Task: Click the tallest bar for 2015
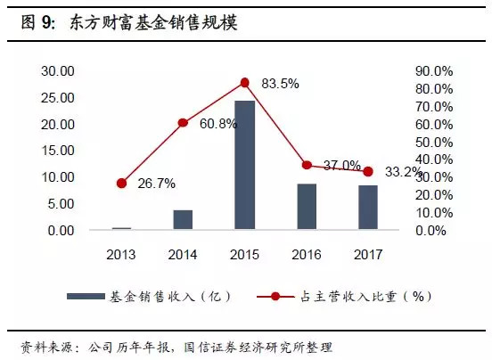tap(244, 166)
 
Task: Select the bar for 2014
tap(183, 220)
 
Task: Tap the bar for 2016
tap(307, 208)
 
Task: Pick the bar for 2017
tap(367, 209)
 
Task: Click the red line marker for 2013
tap(121, 184)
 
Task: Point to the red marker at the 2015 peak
tap(244, 83)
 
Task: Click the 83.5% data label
tap(280, 84)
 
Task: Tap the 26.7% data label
tap(156, 184)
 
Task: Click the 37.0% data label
tap(341, 166)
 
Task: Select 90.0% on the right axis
tap(435, 70)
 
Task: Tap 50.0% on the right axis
tap(435, 142)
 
